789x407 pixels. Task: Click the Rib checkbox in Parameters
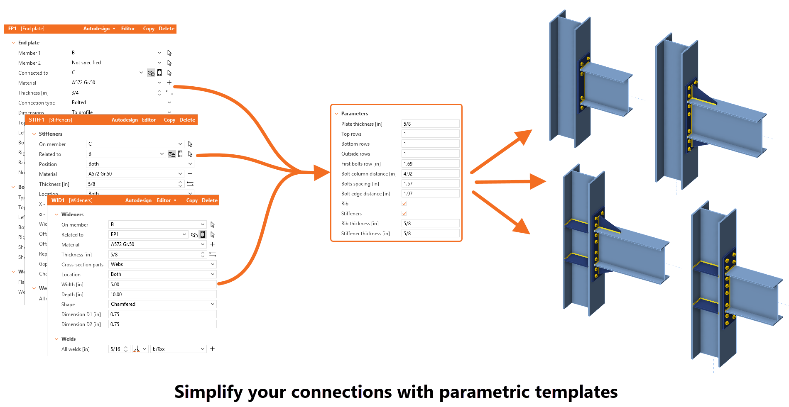tap(404, 204)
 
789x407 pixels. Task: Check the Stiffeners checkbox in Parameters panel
tap(404, 214)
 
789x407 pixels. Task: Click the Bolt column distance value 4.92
tap(430, 174)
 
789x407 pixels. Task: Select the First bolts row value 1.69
tap(430, 164)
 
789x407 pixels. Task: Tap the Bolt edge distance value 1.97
tap(430, 194)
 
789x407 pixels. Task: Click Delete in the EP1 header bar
tap(167, 29)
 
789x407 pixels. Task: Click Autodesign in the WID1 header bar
tap(138, 200)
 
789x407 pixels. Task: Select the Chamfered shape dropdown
tap(162, 304)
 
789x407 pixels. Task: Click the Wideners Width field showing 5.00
tap(162, 285)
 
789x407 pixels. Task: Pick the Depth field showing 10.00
tap(162, 295)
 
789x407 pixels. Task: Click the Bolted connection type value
tap(79, 102)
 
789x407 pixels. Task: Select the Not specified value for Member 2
tap(86, 63)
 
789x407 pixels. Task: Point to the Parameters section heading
tap(354, 114)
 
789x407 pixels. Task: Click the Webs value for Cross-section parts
tap(162, 264)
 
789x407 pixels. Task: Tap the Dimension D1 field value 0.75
tap(162, 314)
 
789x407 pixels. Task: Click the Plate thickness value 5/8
tap(430, 124)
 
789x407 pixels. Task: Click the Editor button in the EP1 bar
tap(128, 29)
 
